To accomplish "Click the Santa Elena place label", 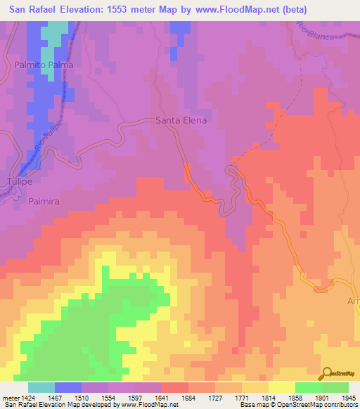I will pyautogui.click(x=181, y=120).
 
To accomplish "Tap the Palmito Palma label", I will pyautogui.click(x=44, y=65).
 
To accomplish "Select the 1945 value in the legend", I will pyautogui.click(x=347, y=398).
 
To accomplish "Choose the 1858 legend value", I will pyautogui.click(x=295, y=398).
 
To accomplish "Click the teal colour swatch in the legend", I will pyautogui.click(x=41, y=387).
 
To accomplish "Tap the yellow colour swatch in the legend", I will pyautogui.click(x=281, y=387).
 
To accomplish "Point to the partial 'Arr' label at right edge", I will pyautogui.click(x=352, y=301).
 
